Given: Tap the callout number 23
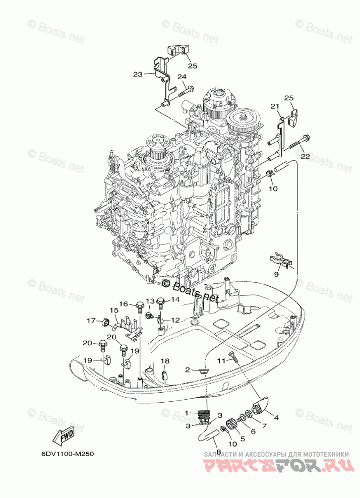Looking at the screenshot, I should [x=138, y=74].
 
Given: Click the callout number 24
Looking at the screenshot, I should [x=182, y=77].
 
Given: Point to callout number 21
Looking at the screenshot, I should [x=274, y=106].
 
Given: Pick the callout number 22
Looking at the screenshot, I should [x=305, y=157].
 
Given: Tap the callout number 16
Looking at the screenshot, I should [x=124, y=304].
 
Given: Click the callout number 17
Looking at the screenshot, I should [x=91, y=321].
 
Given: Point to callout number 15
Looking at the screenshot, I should [x=114, y=310].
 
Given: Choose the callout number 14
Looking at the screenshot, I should [x=174, y=299].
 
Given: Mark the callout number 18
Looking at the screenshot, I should [x=165, y=361].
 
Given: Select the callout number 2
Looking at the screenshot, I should [x=188, y=369].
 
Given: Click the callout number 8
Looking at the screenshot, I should [x=218, y=445].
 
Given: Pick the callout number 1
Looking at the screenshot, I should [x=187, y=413].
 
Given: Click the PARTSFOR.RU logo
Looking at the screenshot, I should [x=274, y=465].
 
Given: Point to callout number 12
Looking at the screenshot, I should [x=174, y=320].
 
